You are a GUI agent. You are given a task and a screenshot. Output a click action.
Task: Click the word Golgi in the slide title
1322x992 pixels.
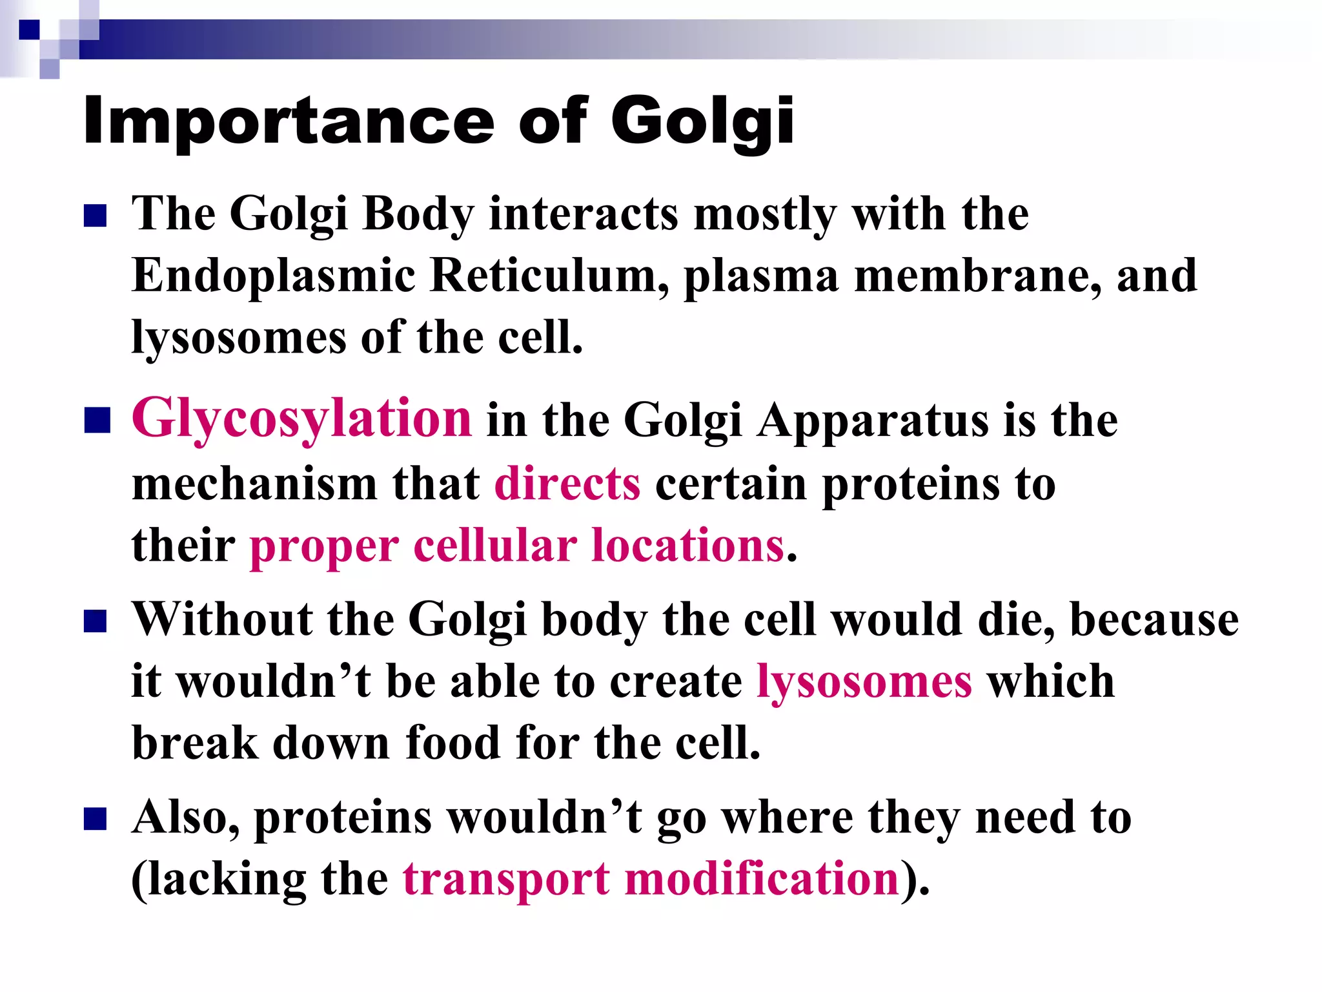pos(702,121)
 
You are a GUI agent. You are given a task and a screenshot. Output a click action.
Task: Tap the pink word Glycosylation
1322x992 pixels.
pos(301,418)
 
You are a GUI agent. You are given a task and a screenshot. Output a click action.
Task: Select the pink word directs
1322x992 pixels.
pos(567,483)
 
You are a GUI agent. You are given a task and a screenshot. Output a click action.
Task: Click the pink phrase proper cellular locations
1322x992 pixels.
pos(516,546)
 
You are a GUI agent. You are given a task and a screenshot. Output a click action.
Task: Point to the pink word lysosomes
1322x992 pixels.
pos(864,681)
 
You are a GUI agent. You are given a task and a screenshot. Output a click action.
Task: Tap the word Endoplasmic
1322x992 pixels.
pos(274,276)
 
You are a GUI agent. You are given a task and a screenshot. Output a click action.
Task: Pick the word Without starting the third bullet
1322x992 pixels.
pos(222,619)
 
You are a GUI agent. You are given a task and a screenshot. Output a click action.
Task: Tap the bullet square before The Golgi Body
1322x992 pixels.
pos(95,216)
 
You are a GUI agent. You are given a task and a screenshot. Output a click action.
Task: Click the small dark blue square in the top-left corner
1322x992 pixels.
pos(29,30)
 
